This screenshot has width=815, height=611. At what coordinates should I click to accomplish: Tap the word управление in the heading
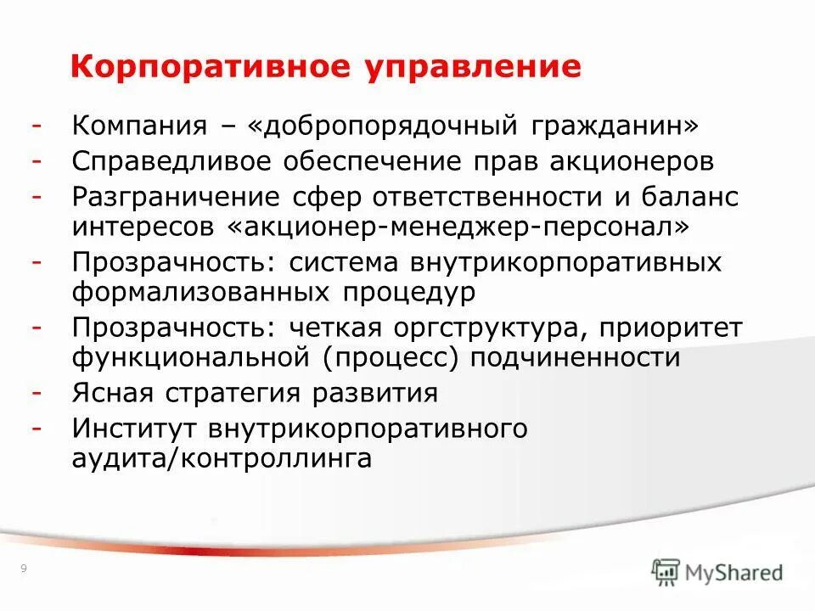click(x=474, y=67)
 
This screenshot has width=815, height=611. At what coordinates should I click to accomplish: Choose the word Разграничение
click(x=176, y=197)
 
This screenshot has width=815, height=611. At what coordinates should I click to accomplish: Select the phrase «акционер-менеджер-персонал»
click(x=455, y=227)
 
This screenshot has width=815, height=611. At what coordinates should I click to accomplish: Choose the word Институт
click(x=132, y=429)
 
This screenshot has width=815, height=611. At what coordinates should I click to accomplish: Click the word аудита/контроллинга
click(x=222, y=459)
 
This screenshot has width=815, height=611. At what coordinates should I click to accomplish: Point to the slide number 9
click(x=22, y=569)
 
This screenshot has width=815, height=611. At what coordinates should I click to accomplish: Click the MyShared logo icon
click(x=667, y=573)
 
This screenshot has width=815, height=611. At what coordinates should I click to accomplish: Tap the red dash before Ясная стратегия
click(x=37, y=393)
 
